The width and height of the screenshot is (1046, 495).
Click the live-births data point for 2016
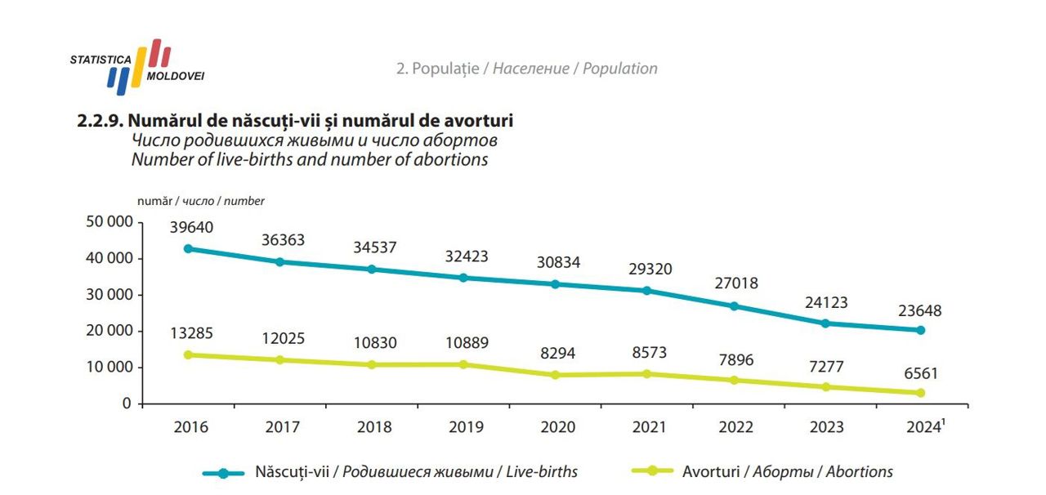pos(188,248)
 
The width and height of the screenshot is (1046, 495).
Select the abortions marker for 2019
pos(463,364)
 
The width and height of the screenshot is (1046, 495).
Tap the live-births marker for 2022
pos(734,306)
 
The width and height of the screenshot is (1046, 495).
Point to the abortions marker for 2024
pos(920,393)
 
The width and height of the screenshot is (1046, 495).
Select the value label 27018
pos(735,283)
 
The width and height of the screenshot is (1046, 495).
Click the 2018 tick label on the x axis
pos(374,427)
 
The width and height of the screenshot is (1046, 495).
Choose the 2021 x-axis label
pos(650,427)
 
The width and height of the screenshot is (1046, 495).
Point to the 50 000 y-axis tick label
pos(108,222)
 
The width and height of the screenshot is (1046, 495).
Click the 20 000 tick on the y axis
pos(108,331)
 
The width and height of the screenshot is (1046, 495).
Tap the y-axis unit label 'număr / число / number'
pos(201,201)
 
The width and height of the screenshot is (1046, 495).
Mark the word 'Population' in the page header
pos(621,69)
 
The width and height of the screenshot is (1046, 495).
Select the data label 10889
pos(466,343)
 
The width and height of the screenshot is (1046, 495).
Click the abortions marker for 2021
pos(646,374)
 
